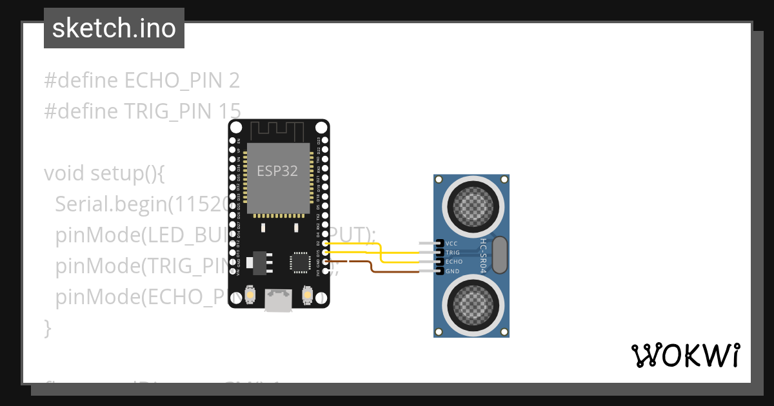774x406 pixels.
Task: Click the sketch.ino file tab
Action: (114, 28)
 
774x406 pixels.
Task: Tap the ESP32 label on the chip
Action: (277, 171)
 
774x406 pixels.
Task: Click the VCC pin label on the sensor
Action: (451, 244)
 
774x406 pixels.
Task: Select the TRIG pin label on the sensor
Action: (453, 253)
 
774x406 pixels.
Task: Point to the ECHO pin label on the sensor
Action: (453, 262)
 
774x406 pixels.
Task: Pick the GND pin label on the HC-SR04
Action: (451, 271)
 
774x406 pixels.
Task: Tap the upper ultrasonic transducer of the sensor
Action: (471, 207)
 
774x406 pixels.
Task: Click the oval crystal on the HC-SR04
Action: (499, 255)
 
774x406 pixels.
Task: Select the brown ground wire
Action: (374, 269)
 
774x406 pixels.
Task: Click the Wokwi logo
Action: (685, 355)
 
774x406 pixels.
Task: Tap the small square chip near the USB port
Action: (299, 262)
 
